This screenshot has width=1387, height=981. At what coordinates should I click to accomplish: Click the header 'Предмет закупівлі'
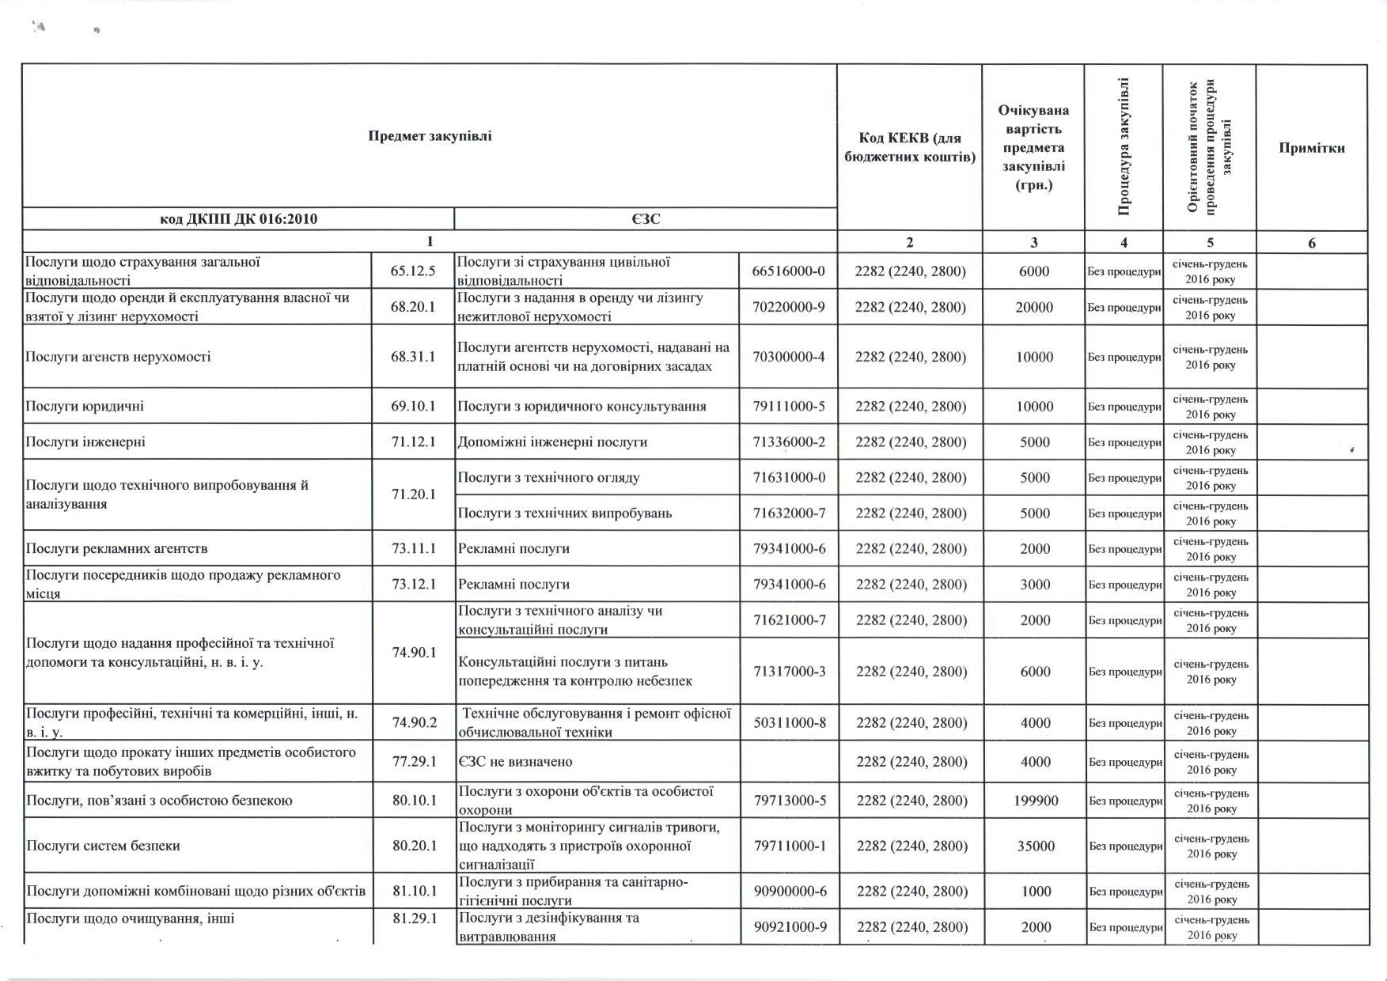(x=430, y=136)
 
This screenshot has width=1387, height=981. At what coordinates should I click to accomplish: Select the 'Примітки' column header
(x=1311, y=148)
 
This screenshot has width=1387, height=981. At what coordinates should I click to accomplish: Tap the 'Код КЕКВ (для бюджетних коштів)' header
(x=910, y=148)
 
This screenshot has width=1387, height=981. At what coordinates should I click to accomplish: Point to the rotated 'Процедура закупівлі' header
(x=1124, y=147)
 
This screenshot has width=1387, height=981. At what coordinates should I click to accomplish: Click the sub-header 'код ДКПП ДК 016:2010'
(x=238, y=219)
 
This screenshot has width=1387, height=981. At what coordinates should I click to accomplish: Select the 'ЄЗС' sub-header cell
(x=646, y=219)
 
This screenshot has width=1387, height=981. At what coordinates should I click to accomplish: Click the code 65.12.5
(x=413, y=271)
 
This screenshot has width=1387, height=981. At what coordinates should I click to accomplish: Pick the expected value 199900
(x=1036, y=801)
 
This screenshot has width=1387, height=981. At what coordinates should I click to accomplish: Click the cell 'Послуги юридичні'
(x=85, y=407)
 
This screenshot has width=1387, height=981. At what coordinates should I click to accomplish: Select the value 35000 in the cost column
(x=1036, y=846)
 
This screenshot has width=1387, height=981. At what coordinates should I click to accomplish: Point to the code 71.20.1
(x=413, y=494)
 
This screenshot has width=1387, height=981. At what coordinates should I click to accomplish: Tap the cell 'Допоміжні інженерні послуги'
(x=552, y=442)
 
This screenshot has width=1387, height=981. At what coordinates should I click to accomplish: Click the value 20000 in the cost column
(x=1034, y=307)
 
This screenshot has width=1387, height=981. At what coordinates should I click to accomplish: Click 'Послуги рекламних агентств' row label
(x=116, y=548)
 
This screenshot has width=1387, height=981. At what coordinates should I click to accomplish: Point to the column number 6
(x=1311, y=243)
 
